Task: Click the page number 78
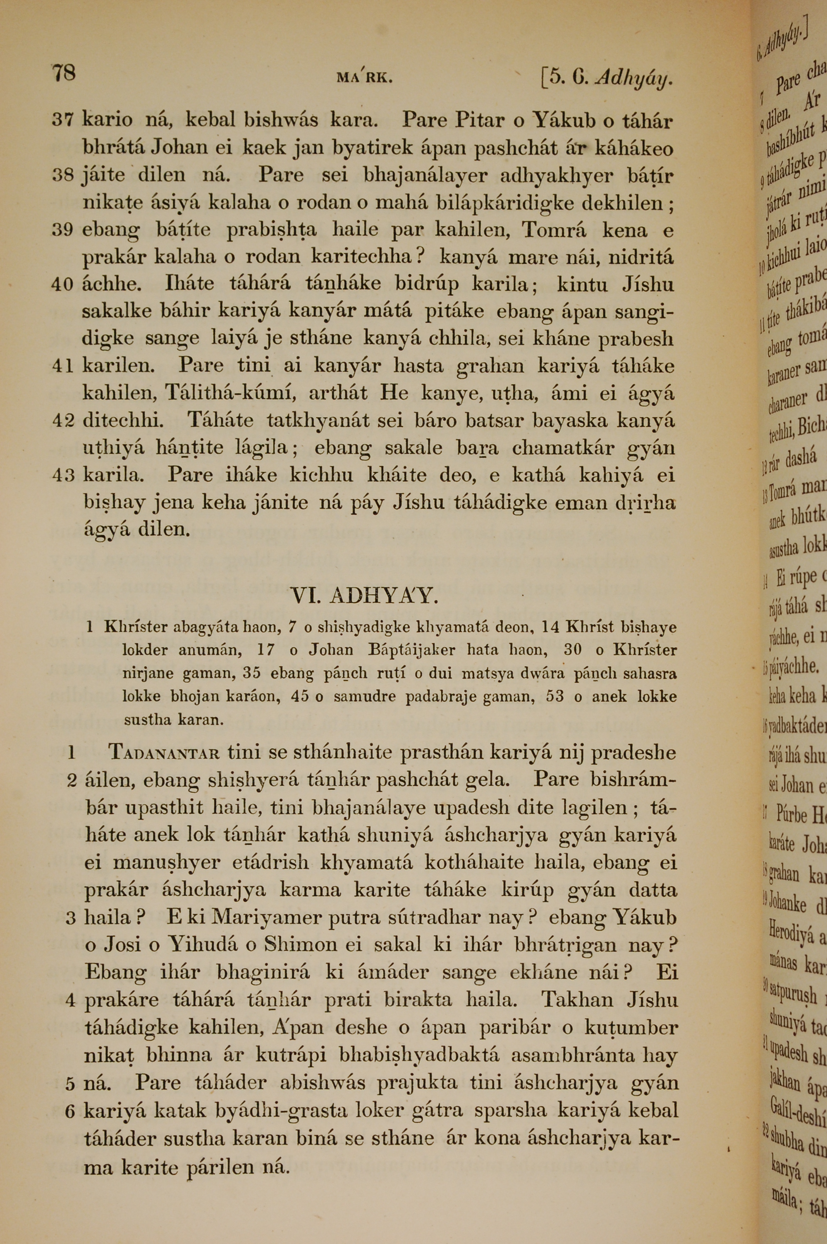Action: (63, 72)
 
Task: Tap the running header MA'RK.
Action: (364, 79)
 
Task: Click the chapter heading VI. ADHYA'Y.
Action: (364, 596)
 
